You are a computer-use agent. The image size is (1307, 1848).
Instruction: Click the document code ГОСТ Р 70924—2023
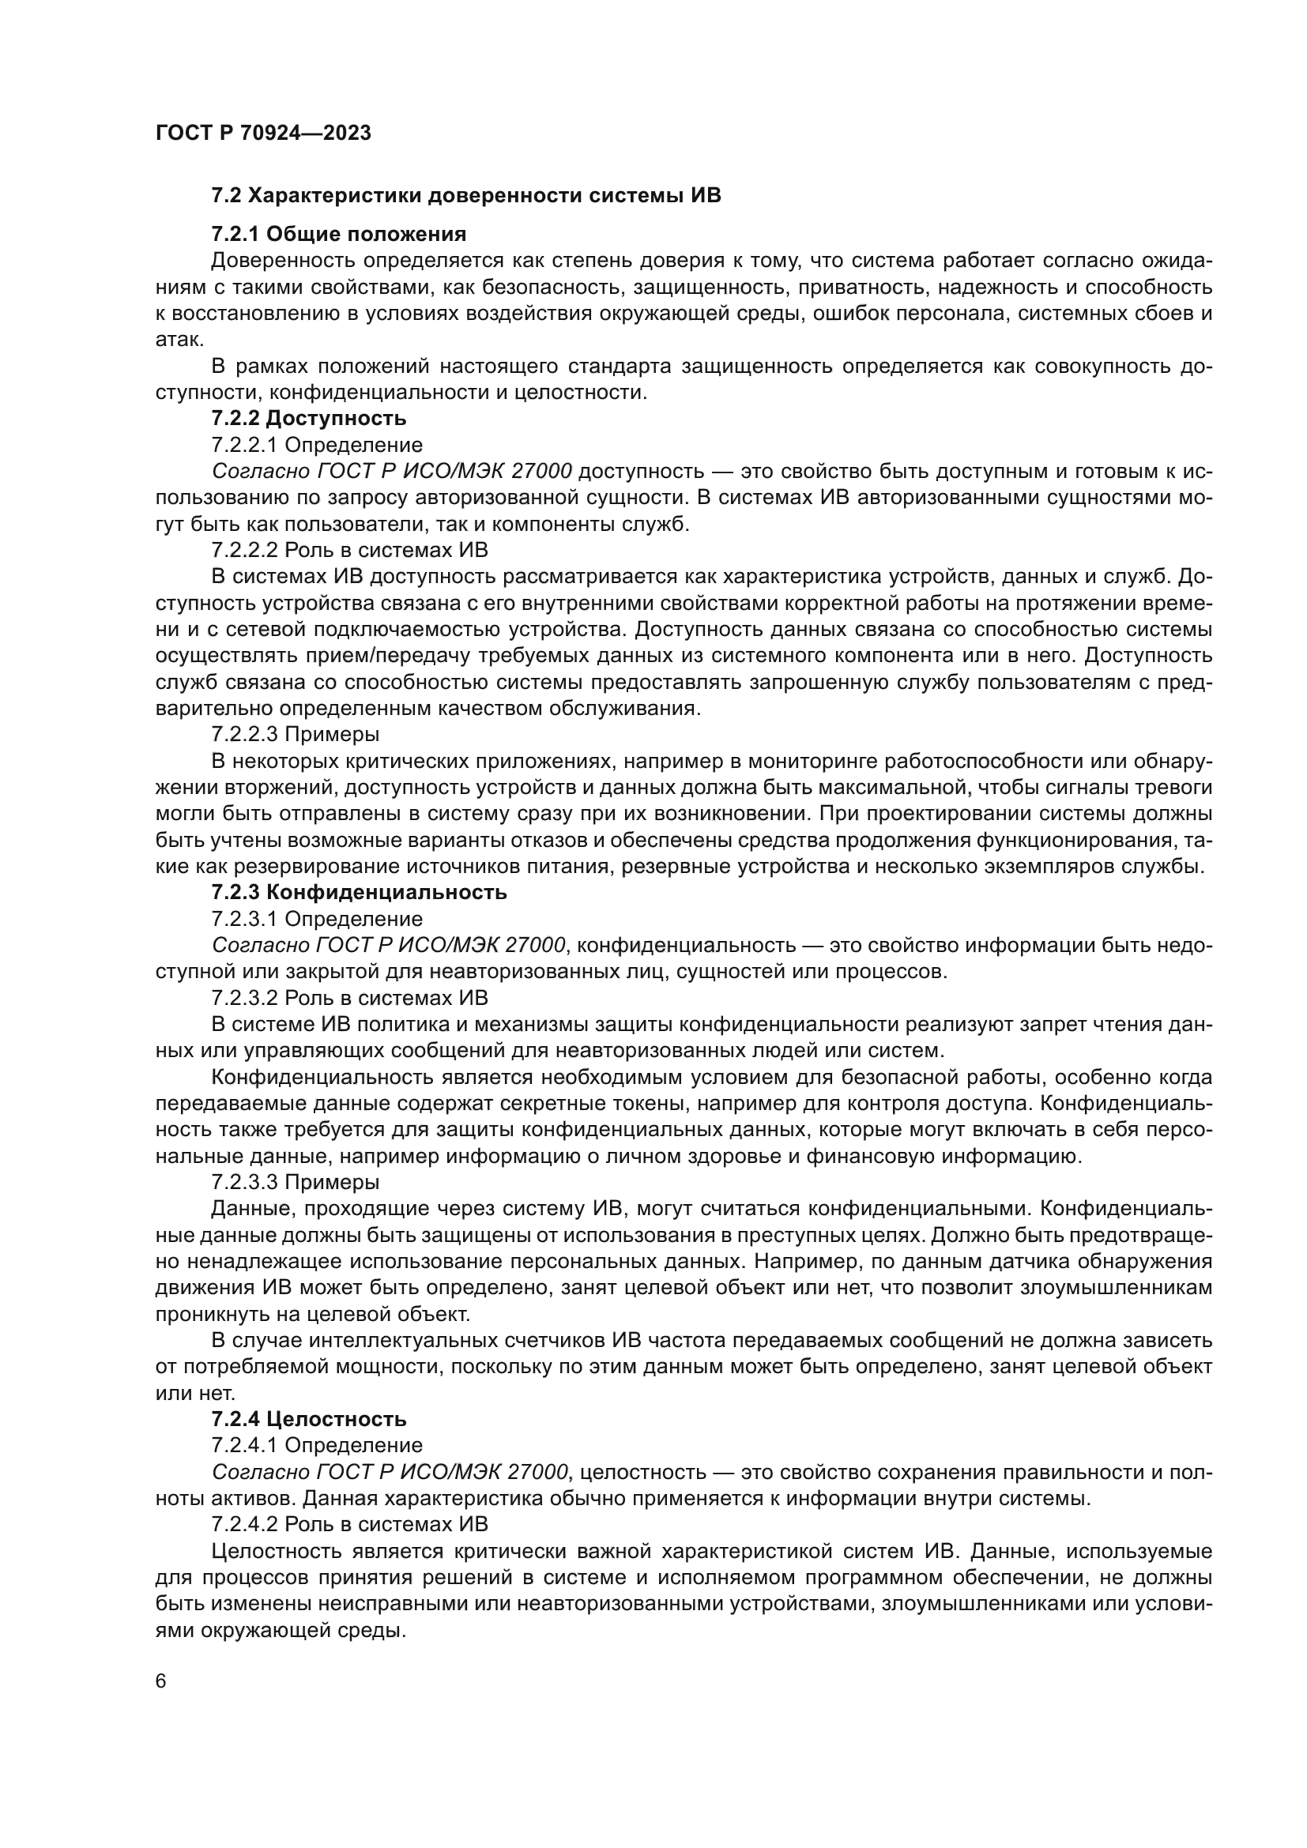tap(263, 134)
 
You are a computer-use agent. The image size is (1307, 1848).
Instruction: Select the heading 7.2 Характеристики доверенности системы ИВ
tap(466, 196)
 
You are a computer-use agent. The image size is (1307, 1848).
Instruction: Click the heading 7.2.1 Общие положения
tap(339, 234)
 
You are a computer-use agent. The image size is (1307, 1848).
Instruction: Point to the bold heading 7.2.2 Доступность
tap(309, 419)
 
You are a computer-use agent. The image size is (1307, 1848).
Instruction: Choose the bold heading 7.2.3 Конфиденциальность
tap(359, 892)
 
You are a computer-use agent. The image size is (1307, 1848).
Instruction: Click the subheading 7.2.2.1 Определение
tap(317, 445)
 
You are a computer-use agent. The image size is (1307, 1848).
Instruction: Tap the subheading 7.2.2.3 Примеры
tap(296, 734)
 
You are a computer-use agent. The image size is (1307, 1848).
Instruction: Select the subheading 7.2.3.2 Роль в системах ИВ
tap(350, 998)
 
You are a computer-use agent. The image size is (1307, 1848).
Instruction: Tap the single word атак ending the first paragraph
tap(178, 340)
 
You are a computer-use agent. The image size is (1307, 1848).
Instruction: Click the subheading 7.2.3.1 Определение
tap(317, 918)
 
